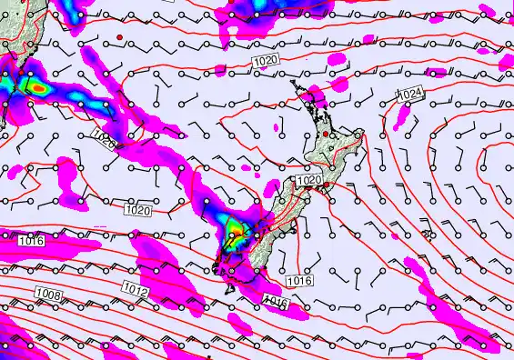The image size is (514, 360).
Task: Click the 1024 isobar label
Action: coord(411,94)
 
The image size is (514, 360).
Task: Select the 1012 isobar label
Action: coord(135,290)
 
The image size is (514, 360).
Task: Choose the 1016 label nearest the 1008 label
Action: coord(30,241)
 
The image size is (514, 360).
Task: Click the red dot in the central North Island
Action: coord(332,135)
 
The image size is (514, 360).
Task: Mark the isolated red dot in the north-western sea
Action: coord(119,36)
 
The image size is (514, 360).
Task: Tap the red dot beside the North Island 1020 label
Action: coord(326,185)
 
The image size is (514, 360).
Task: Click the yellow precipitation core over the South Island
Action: coord(235,227)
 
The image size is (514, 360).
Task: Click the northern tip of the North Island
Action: coord(293,82)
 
